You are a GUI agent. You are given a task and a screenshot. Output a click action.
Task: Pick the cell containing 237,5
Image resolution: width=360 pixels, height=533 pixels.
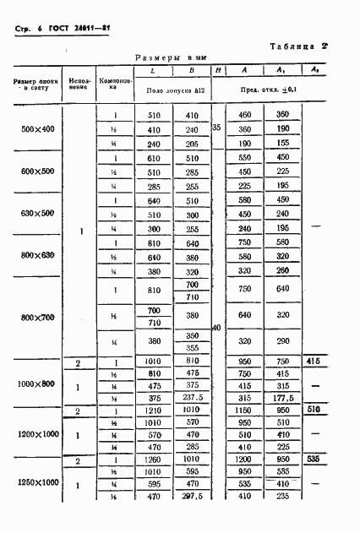coord(193,400)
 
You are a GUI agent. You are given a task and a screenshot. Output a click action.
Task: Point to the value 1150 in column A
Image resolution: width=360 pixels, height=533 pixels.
coord(246,411)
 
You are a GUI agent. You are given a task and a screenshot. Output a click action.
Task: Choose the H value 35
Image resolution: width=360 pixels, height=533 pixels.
coord(217,128)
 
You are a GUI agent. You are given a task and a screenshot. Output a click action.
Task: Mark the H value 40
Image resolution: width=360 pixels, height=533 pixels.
coord(217,327)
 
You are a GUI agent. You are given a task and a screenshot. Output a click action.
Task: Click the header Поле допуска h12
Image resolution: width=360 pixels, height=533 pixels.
coord(176,88)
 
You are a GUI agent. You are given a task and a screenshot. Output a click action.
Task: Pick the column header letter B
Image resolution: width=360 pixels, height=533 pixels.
coord(193,71)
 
